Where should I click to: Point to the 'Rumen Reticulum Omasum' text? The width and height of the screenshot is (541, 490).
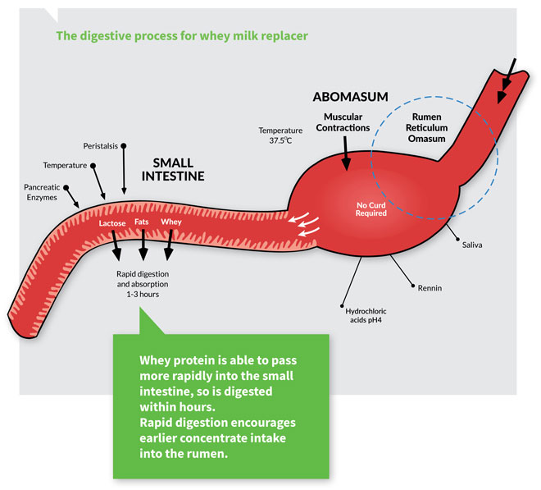(x=426, y=127)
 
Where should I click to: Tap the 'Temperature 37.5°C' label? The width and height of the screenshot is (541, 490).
(x=281, y=135)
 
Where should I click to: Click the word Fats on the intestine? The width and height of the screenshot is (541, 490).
(x=143, y=222)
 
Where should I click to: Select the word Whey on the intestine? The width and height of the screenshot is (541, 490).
(x=171, y=222)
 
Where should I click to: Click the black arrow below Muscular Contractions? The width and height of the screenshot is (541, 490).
(x=346, y=149)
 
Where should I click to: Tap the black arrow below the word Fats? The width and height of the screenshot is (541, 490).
(x=143, y=245)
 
